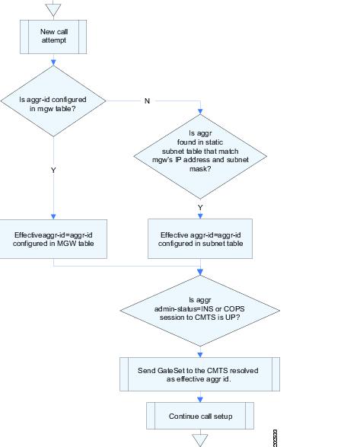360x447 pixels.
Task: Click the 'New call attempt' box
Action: [53, 37]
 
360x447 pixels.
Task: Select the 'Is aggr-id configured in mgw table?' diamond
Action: [53, 101]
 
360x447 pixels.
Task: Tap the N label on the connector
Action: [147, 101]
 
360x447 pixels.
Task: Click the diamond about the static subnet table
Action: [200, 157]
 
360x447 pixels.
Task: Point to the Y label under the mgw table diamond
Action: [53, 170]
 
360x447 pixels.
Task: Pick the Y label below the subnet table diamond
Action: [200, 208]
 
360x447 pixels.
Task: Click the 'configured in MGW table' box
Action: [53, 239]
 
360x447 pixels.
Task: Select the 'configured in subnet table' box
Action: [200, 238]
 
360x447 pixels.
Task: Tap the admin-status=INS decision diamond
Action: [200, 311]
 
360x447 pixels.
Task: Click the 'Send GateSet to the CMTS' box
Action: [200, 375]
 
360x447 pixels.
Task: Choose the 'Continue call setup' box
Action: [200, 416]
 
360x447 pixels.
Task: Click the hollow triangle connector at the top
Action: [53, 10]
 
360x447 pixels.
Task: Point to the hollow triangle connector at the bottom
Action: [200, 440]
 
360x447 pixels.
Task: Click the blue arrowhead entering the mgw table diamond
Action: [53, 62]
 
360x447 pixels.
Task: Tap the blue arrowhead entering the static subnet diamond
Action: [200, 111]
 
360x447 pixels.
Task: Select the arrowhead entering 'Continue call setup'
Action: [200, 399]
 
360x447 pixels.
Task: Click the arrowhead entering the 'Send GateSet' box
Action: [200, 355]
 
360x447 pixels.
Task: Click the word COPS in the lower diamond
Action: [234, 308]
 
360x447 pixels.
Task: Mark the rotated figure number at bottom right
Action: [275, 438]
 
